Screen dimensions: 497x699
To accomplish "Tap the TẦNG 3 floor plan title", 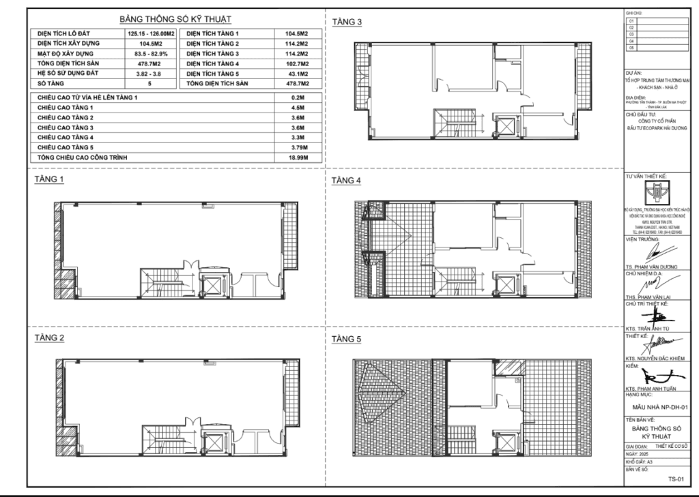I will (x=347, y=22).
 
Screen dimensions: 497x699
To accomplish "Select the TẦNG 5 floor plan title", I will (x=347, y=339).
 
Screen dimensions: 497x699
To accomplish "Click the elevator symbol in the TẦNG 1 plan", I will (x=213, y=285).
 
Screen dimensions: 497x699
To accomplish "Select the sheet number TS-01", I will (x=676, y=479).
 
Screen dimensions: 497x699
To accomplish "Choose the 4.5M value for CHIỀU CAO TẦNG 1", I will (x=296, y=108).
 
